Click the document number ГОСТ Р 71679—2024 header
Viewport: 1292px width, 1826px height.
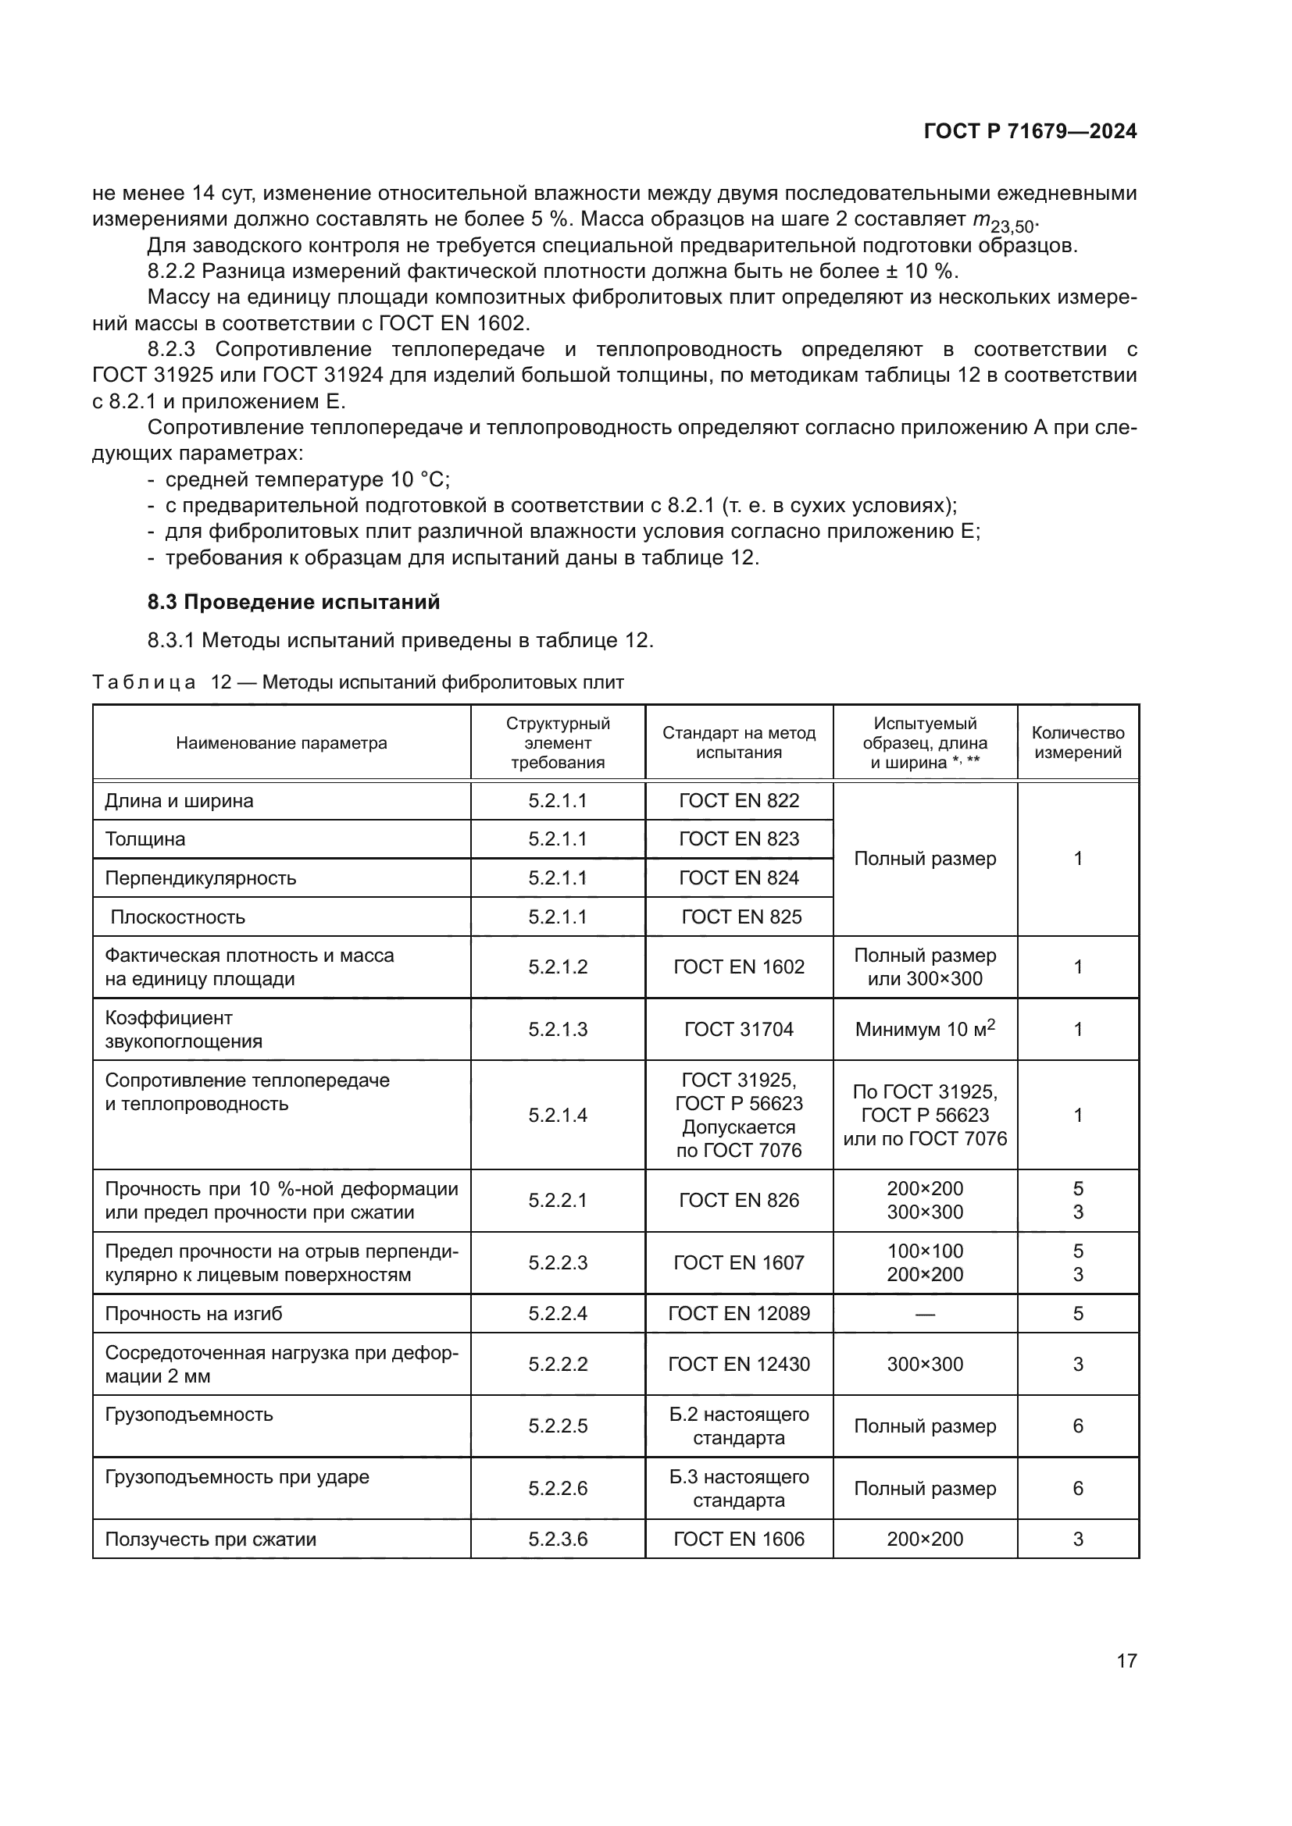pyautogui.click(x=1030, y=132)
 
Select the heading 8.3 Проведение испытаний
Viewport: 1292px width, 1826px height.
pyautogui.click(x=293, y=602)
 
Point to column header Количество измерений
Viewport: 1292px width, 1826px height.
pyautogui.click(x=1077, y=742)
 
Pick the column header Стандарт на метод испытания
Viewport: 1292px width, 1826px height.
pyautogui.click(x=738, y=742)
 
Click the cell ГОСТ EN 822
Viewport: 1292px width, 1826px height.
pyautogui.click(x=738, y=801)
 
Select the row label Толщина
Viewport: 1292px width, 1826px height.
pyautogui.click(x=145, y=839)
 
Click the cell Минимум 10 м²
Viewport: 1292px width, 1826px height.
pyautogui.click(x=924, y=1029)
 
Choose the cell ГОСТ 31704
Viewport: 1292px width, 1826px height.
pyautogui.click(x=738, y=1030)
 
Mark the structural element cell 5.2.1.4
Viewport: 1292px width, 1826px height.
pyautogui.click(x=558, y=1115)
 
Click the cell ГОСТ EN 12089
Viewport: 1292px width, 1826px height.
pyautogui.click(x=738, y=1313)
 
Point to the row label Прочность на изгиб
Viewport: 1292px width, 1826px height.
pyautogui.click(x=193, y=1313)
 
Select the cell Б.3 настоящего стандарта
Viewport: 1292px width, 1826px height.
pyautogui.click(x=738, y=1488)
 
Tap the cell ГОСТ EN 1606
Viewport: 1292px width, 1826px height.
pyautogui.click(x=738, y=1539)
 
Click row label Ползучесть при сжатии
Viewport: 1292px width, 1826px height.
pyautogui.click(x=210, y=1539)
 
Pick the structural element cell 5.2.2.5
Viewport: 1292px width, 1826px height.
pyautogui.click(x=558, y=1426)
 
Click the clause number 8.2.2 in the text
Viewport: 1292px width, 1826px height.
pyautogui.click(x=170, y=272)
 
